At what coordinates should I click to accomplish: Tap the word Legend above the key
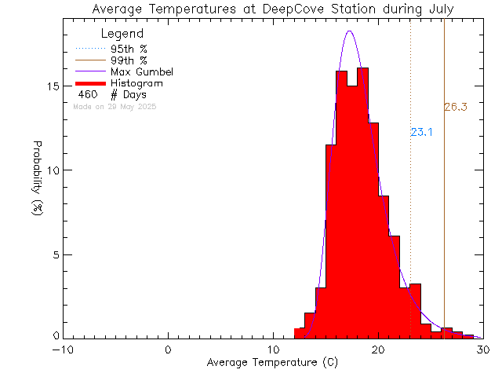pos(122,34)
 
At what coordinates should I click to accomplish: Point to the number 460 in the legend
pos(87,94)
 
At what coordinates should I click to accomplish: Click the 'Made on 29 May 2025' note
pos(115,106)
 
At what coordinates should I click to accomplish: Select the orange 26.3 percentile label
pos(456,108)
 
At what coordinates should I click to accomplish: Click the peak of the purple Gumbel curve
pos(350,31)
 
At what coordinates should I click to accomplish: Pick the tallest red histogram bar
pos(362,196)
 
